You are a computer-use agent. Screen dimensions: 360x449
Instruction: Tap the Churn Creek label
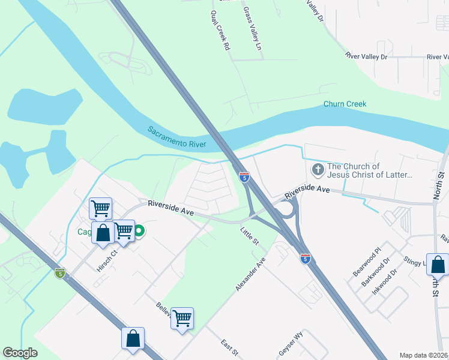pos(345,104)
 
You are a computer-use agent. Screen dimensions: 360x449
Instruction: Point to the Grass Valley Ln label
pos(252,28)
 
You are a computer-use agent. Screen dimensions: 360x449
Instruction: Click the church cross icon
pos(317,171)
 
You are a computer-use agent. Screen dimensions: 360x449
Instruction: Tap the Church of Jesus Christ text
pos(370,171)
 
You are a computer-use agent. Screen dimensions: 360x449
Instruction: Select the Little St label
pos(249,233)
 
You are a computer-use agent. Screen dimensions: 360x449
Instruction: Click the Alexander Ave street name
pos(250,275)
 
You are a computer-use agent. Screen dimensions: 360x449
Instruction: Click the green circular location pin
pos(139,231)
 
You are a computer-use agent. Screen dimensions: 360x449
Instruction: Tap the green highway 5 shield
pos(59,273)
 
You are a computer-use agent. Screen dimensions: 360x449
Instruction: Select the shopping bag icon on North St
pos(439,264)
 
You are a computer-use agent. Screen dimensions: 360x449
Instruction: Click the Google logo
pos(20,353)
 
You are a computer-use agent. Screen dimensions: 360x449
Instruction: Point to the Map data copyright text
pos(424,355)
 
